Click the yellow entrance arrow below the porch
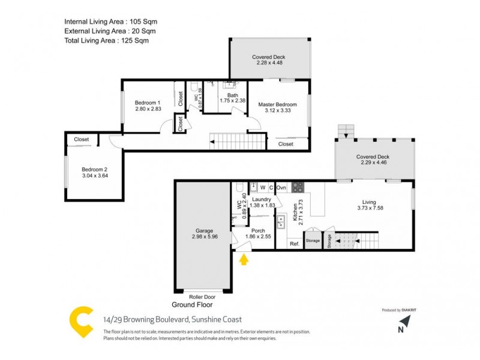point(244,260)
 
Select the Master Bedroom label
point(277,104)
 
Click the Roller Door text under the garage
point(202,296)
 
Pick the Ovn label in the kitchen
point(281,188)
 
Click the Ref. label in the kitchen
point(295,244)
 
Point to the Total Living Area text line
point(106,41)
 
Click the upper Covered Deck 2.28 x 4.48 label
point(269,61)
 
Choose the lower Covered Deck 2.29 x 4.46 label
point(375,160)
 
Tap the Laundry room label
point(262,199)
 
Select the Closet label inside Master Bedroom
point(286,144)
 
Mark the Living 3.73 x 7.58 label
point(369,206)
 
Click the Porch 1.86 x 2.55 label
point(258,234)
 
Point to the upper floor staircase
point(238,142)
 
